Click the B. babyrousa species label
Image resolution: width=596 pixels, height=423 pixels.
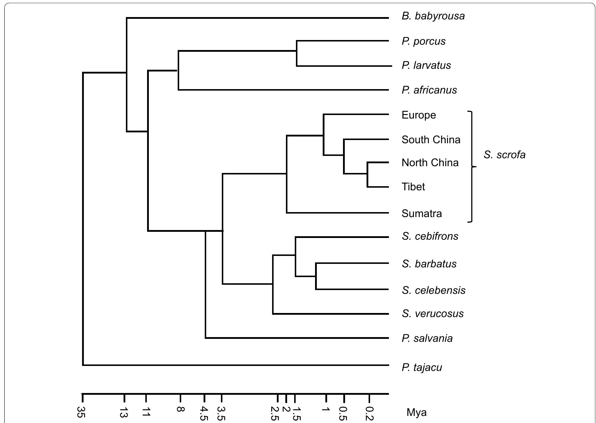[x=433, y=16]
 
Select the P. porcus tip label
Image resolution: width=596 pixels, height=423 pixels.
[x=423, y=41]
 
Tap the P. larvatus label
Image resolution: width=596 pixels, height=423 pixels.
[x=426, y=65]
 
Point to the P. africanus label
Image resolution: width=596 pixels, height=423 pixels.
[x=429, y=90]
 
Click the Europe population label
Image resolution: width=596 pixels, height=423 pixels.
[x=419, y=115]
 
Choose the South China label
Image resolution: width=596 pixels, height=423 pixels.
[x=431, y=140]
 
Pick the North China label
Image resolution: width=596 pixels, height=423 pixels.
[x=430, y=163]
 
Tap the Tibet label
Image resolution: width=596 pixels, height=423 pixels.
[x=413, y=187]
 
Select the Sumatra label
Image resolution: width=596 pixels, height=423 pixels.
[x=422, y=214]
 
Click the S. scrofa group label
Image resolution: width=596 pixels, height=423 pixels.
[x=504, y=155]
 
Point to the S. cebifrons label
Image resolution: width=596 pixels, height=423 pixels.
[x=430, y=236]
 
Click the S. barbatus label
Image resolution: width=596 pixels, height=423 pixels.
[x=429, y=264]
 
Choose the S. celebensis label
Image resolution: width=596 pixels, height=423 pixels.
[x=433, y=290]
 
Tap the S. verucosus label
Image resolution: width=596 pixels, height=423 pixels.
[x=432, y=314]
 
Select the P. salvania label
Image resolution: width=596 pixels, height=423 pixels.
[x=427, y=338]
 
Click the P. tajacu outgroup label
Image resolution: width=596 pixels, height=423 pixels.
[x=422, y=367]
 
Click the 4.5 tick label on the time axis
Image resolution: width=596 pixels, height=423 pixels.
[x=203, y=413]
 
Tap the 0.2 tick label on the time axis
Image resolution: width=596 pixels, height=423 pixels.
[x=369, y=413]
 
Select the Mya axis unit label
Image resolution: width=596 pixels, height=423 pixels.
[x=416, y=412]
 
